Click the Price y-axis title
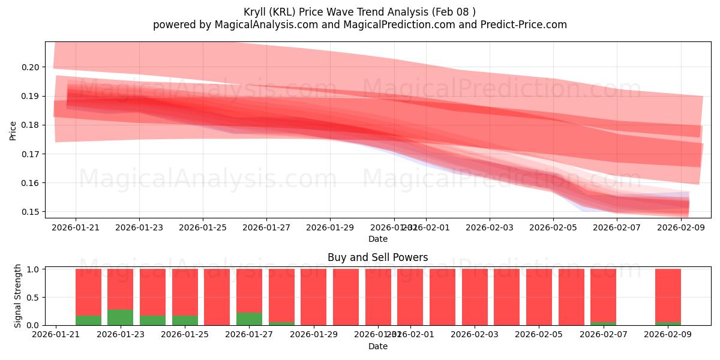pos(13,130)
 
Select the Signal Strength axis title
pos(18,296)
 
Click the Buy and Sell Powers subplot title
pos(377,257)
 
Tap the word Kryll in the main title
pos(256,12)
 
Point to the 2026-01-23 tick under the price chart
pos(139,227)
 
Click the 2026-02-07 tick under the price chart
pos(617,227)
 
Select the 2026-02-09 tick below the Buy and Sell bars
pos(668,335)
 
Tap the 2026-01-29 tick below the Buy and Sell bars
pos(314,335)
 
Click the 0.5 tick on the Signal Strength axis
pos(33,297)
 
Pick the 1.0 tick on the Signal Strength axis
pos(33,269)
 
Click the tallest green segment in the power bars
pos(121,317)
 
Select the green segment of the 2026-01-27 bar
pos(249,319)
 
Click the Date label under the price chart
pos(377,239)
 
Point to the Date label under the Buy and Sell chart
pos(377,346)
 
